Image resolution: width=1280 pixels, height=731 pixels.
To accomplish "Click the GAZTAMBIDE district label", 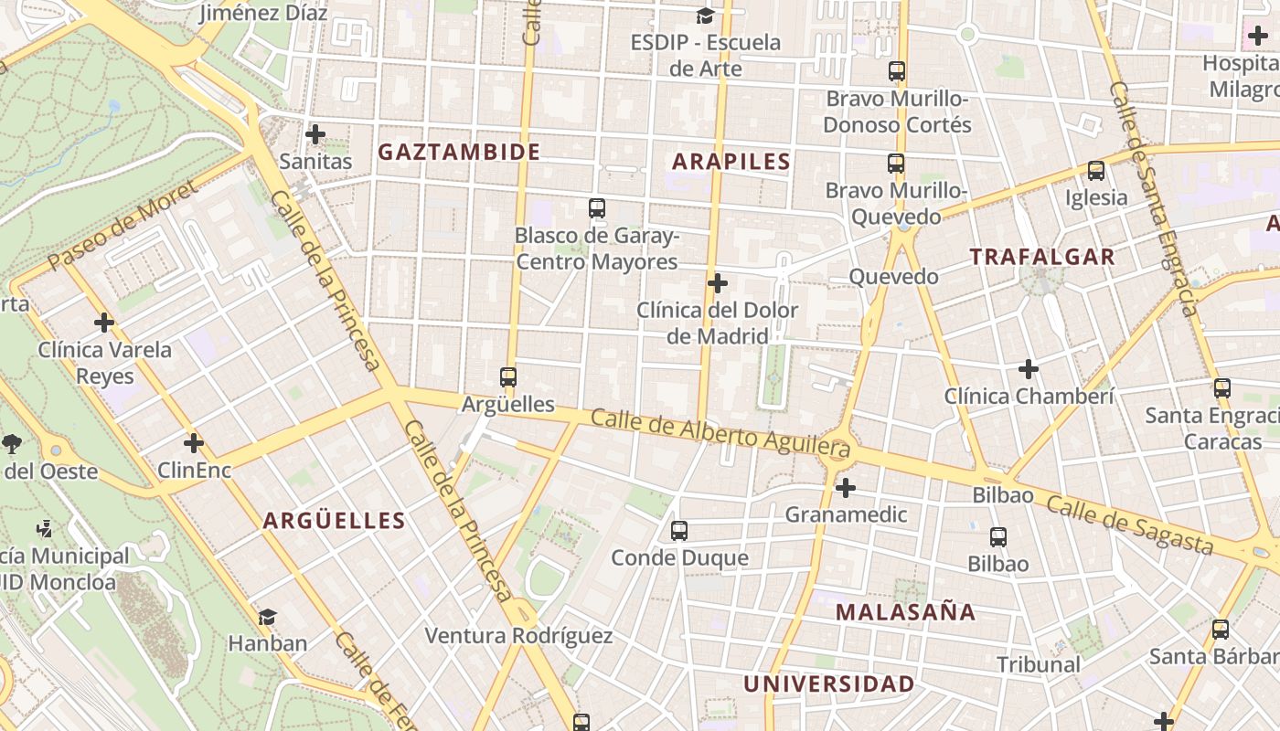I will (x=459, y=152).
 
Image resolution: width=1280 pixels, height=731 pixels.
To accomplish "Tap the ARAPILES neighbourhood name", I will (x=731, y=162).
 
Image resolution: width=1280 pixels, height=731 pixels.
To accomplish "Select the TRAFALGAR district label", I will (x=1042, y=257).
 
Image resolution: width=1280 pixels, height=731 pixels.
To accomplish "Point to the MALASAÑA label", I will (x=905, y=611).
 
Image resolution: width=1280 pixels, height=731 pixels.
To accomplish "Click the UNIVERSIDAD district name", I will (x=828, y=683).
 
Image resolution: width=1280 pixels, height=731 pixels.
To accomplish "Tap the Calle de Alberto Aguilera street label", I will (x=720, y=433).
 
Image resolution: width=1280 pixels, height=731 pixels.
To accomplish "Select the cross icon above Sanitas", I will (x=315, y=135).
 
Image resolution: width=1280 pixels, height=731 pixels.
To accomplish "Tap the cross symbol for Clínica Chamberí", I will (x=1029, y=369).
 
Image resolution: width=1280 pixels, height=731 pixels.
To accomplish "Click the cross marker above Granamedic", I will (x=846, y=488).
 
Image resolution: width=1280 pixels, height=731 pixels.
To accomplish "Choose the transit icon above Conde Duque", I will (x=678, y=531).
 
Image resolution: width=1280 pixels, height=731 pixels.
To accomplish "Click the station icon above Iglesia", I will (x=1095, y=171).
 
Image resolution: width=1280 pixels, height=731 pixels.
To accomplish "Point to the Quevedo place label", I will (x=893, y=277).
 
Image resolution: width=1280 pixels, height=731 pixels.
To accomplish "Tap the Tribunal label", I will (x=1039, y=664).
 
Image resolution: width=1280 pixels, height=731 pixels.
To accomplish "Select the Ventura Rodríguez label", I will (x=518, y=635).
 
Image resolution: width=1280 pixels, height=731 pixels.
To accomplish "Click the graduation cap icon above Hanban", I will (x=267, y=617).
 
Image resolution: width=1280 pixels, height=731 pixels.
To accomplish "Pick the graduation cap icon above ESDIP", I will (x=705, y=16).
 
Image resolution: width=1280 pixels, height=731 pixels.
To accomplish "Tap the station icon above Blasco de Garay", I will (x=597, y=208).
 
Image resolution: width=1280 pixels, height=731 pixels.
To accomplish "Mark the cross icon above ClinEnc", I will (x=194, y=443).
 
